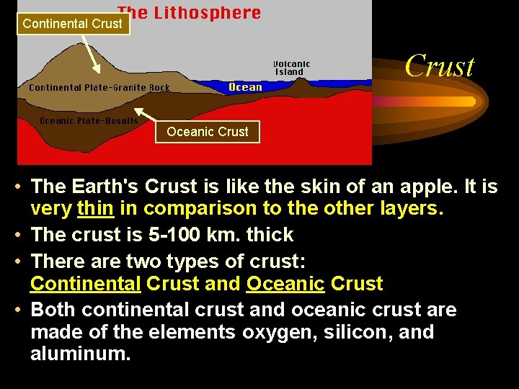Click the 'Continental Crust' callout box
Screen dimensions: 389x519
click(72, 24)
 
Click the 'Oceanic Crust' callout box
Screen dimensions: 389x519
click(207, 132)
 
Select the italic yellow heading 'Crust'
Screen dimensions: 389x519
click(439, 66)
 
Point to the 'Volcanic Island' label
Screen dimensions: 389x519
click(291, 68)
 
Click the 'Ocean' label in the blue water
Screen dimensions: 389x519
click(245, 87)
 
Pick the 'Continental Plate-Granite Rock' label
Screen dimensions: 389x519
click(99, 88)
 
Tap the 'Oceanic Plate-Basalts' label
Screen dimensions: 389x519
click(89, 121)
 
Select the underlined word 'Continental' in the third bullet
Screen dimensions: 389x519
click(85, 284)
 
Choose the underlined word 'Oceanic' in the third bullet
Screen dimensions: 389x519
click(285, 284)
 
